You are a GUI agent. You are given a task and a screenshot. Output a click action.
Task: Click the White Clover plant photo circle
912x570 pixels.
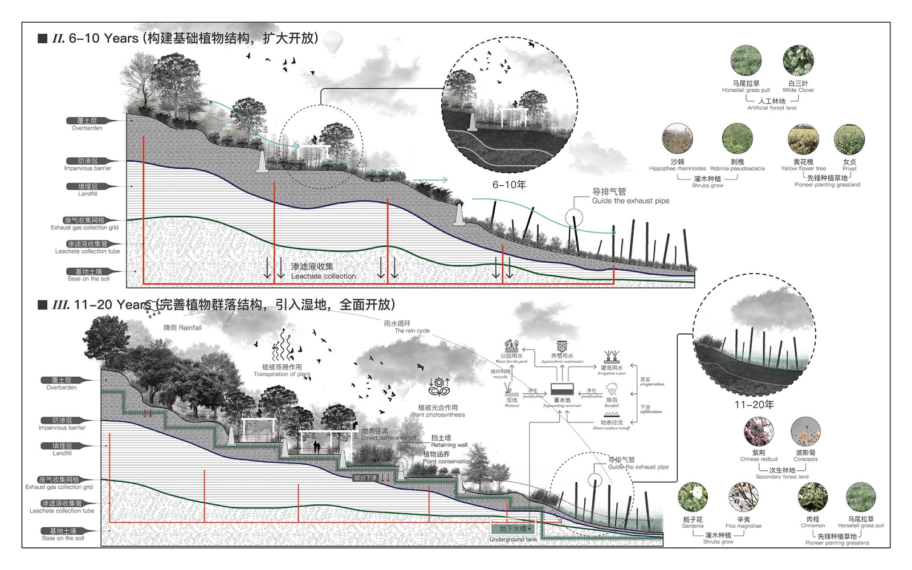[x=798, y=61]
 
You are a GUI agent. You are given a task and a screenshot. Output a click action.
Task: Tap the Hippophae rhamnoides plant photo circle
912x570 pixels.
[x=677, y=139]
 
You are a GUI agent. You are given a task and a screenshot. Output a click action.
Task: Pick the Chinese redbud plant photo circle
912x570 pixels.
[x=759, y=431]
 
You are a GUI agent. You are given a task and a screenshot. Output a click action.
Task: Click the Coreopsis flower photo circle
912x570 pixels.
[x=805, y=431]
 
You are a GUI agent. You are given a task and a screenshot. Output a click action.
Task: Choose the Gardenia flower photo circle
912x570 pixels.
[x=693, y=497]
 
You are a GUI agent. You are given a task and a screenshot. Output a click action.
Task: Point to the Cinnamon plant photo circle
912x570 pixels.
[x=812, y=497]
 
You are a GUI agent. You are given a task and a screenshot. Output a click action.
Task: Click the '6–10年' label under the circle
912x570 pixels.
[x=509, y=185]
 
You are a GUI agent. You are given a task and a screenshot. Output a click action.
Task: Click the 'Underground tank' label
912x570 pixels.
[x=513, y=539]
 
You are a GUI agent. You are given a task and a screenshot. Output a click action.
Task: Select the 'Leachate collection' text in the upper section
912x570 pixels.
[x=323, y=276]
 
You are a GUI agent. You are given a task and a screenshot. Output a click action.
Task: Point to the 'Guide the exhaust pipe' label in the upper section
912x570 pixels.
[x=630, y=201]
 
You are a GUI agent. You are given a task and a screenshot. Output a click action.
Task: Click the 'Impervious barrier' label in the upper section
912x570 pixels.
[x=88, y=168]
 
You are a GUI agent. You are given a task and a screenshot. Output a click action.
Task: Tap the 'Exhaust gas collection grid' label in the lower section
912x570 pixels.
[x=59, y=487]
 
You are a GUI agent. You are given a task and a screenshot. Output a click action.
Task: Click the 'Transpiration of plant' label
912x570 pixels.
[x=282, y=374]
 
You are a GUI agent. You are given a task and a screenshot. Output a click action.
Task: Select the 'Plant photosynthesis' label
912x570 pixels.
[x=438, y=415]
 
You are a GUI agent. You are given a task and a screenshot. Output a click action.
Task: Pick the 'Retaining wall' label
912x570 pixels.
[x=449, y=445]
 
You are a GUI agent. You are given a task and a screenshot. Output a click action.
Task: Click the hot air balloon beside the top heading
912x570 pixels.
[x=333, y=44]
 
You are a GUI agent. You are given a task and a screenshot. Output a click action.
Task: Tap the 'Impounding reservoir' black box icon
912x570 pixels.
[x=561, y=390]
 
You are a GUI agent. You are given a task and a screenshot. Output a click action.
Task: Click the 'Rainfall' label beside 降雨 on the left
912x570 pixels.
[x=190, y=328]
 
